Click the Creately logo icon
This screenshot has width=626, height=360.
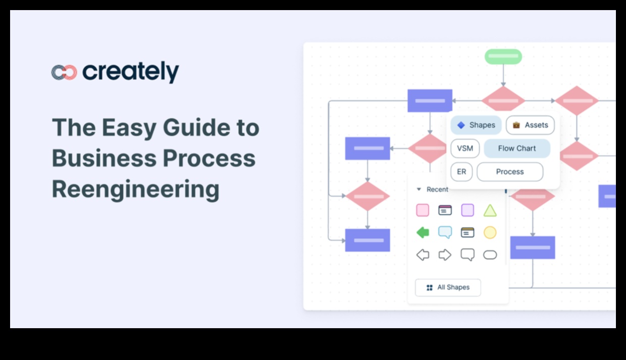(x=64, y=72)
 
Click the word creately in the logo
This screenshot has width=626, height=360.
(x=131, y=72)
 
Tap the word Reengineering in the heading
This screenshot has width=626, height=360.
(x=135, y=190)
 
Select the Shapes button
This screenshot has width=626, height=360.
(x=476, y=125)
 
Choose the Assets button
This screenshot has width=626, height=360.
(x=530, y=125)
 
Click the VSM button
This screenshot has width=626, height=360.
(x=465, y=148)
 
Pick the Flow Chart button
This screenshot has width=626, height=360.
(x=516, y=148)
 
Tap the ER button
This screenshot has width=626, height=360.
(x=461, y=172)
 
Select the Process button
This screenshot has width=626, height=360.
(x=510, y=172)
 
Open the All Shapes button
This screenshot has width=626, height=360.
(x=448, y=287)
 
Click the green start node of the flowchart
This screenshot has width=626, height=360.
(x=503, y=57)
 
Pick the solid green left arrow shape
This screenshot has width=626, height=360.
(x=423, y=232)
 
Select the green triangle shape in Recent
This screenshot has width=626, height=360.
(x=490, y=211)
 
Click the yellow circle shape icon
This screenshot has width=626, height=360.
(x=490, y=232)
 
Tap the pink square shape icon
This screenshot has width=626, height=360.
(x=423, y=211)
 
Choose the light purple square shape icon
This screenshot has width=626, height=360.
(x=467, y=211)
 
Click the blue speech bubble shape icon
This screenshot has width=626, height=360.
(x=445, y=232)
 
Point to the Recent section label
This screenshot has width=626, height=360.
(x=437, y=189)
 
